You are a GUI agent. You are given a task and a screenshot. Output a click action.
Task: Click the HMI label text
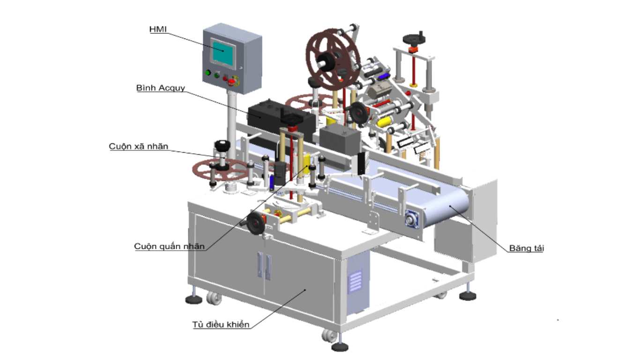(x=158, y=29)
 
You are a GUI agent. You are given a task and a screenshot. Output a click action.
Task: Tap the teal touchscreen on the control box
(x=223, y=53)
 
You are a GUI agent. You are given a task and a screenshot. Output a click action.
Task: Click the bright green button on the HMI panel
(x=208, y=73)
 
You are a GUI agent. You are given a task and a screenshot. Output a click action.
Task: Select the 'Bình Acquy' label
(x=161, y=88)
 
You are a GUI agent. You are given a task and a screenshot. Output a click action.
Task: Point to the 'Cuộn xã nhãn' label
(x=139, y=146)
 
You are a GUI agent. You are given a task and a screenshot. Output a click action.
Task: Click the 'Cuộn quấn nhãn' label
(x=170, y=247)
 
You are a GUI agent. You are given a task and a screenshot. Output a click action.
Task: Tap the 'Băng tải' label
(x=526, y=248)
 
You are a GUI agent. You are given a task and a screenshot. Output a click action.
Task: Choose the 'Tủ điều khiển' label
(x=221, y=324)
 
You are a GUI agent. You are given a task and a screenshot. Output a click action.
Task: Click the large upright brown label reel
(x=333, y=59)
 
